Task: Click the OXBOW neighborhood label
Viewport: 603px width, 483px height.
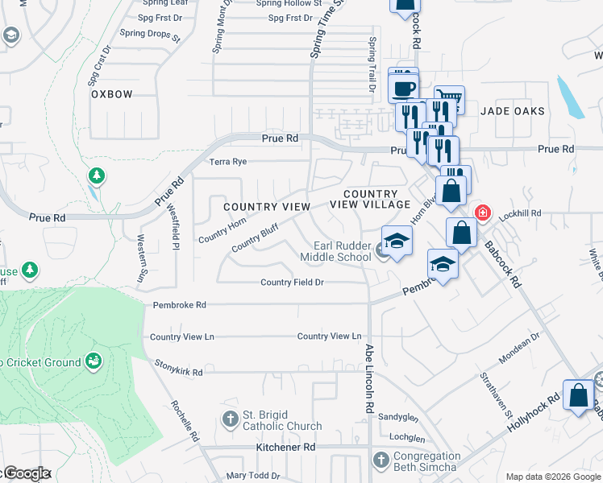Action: coord(111,94)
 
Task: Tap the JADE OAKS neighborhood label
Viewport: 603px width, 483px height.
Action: coord(513,111)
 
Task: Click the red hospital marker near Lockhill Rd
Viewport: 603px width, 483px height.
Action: coord(482,213)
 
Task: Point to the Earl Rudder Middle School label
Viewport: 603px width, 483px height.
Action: coord(335,251)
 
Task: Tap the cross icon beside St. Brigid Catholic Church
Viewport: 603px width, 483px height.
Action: coord(231,419)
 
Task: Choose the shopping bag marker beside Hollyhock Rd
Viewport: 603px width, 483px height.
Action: coord(579,396)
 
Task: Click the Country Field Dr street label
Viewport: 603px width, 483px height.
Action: coord(292,283)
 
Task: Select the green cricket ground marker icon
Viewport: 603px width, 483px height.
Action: coord(94,360)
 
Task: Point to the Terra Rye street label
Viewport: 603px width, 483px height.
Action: coord(228,162)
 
